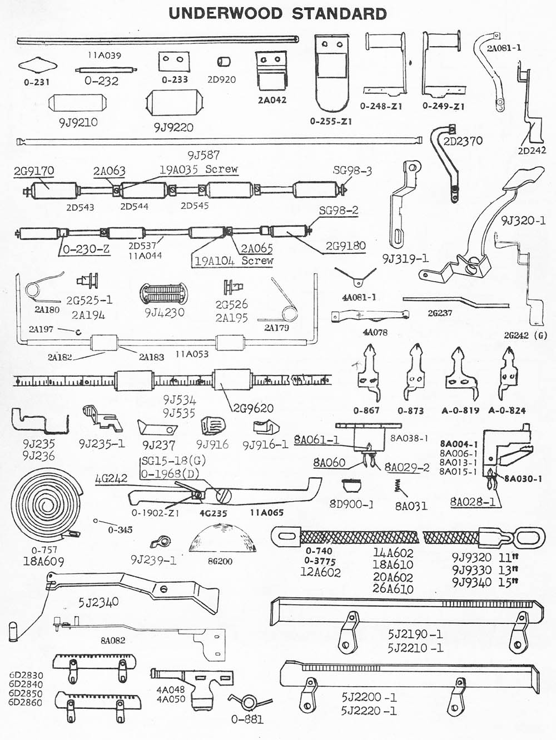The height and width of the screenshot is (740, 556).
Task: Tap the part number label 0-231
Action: pos(37,82)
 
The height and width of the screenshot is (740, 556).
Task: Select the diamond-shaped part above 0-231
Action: pos(34,66)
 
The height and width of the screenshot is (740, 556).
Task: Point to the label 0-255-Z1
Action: pos(331,121)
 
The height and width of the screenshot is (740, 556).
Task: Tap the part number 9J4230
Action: pos(165,312)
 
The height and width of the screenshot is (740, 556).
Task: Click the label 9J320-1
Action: pos(523,221)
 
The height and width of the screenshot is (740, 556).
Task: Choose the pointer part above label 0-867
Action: pos(368,372)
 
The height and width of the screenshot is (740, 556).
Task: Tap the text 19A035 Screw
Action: pos(198,169)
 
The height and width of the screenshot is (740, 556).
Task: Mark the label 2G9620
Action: pos(254,408)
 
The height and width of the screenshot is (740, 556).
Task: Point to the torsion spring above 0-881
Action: pos(249,702)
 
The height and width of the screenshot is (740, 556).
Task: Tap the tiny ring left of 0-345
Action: pos(96,521)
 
